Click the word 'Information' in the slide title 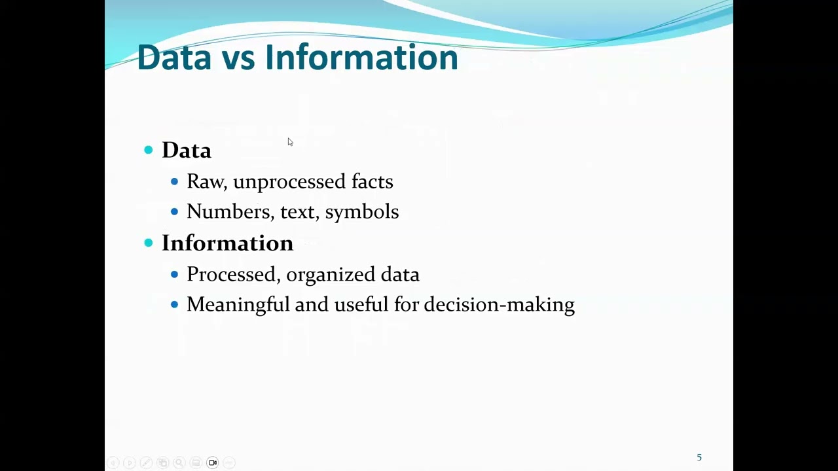pos(361,58)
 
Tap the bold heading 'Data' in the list pos(187,150)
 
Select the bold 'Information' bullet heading pos(227,243)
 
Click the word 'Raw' pos(206,181)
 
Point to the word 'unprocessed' pos(289,182)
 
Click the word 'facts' pos(372,181)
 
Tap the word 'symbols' pos(361,212)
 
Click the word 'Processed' pos(233,275)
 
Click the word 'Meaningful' pos(238,305)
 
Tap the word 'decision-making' pos(499,305)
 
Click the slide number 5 pos(699,457)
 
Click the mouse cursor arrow pos(290,142)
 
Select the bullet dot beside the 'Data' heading pos(149,150)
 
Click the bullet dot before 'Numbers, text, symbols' pos(174,211)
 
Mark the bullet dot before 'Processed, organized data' pos(174,274)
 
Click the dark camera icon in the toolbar pos(213,462)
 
